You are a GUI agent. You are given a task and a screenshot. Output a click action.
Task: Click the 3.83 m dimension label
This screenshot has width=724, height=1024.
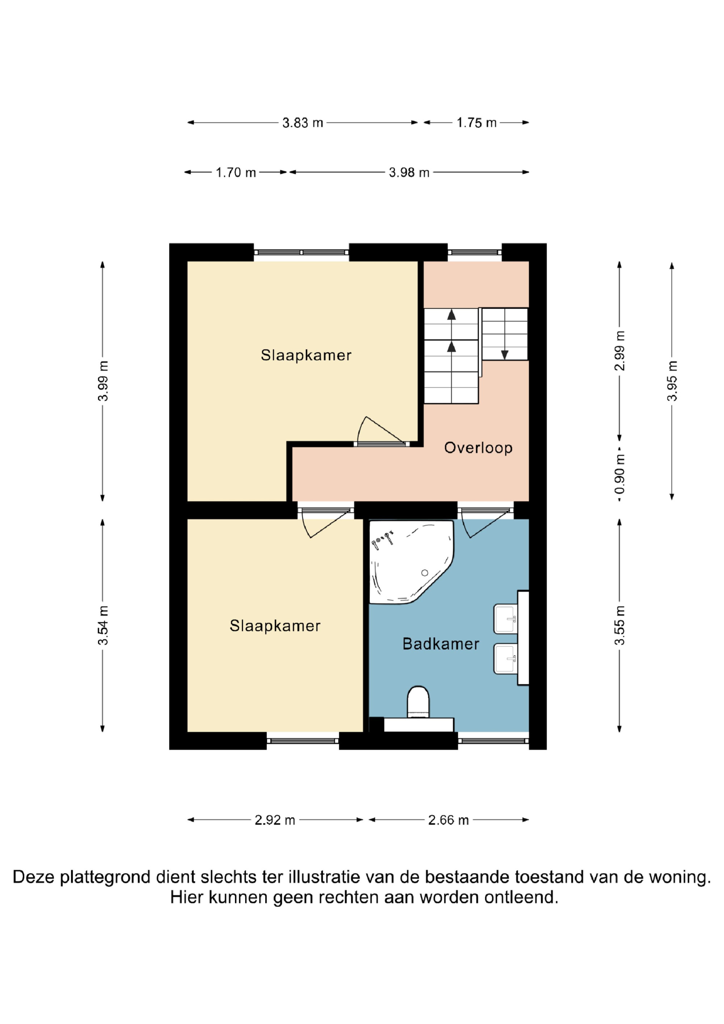click(302, 123)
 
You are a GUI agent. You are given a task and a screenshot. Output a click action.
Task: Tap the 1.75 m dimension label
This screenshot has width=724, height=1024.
click(476, 123)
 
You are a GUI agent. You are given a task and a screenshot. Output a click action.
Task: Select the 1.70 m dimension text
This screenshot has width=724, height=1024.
click(236, 173)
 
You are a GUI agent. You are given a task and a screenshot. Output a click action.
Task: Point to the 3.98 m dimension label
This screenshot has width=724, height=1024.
click(409, 173)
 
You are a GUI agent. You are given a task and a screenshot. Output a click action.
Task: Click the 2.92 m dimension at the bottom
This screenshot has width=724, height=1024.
click(275, 820)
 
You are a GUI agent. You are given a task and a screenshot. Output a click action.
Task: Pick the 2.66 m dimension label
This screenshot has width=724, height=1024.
click(448, 820)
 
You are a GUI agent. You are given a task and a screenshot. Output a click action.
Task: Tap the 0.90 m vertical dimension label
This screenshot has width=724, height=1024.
click(620, 474)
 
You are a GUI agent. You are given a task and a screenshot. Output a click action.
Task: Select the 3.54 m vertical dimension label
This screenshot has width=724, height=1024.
click(103, 625)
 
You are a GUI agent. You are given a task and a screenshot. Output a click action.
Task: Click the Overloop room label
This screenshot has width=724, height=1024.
click(478, 448)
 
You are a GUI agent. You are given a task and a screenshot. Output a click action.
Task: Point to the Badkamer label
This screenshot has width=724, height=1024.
click(441, 644)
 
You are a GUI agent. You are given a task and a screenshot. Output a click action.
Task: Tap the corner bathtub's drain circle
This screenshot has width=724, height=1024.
click(425, 573)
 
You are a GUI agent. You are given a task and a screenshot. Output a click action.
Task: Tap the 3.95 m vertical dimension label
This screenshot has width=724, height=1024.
click(672, 380)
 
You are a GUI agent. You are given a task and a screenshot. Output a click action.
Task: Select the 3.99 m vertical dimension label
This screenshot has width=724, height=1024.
click(103, 381)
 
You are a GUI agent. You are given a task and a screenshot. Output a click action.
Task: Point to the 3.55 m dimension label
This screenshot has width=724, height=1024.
click(620, 625)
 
